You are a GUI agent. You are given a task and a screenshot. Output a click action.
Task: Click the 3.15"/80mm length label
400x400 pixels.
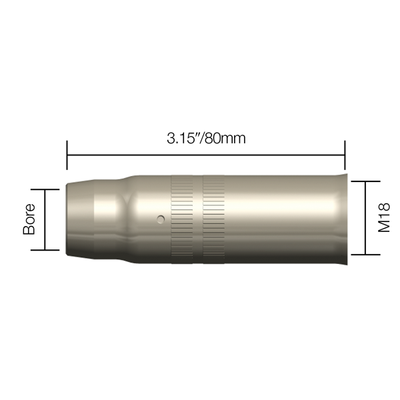coord(206,138)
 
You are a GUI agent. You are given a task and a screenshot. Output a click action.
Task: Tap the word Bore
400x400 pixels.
coord(29,219)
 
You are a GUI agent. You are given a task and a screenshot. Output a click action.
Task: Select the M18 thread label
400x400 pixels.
coord(384,217)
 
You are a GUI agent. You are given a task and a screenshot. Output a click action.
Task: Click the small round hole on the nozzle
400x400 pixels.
coord(161,219)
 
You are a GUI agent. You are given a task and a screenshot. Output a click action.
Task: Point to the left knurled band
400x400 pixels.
coord(182,219)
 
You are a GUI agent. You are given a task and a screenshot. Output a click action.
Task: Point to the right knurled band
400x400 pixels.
coord(214,219)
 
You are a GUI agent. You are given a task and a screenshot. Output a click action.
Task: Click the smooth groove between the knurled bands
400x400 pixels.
coord(198,219)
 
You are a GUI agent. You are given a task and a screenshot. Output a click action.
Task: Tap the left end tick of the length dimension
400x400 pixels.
coord(67,155)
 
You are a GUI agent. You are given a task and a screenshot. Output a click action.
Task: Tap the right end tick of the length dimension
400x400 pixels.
coord(345,155)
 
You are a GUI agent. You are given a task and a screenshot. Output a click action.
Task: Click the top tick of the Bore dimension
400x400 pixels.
coord(45,189)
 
